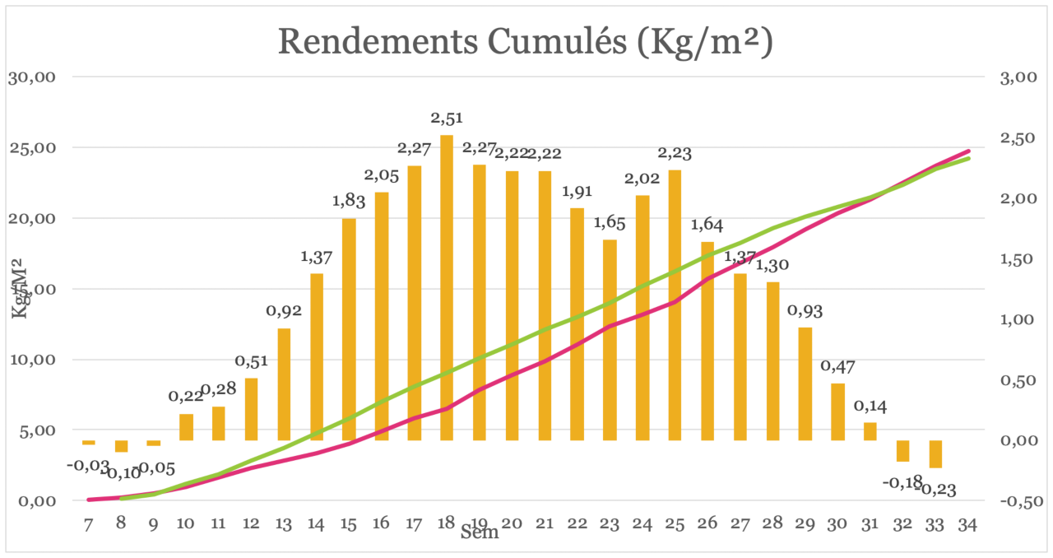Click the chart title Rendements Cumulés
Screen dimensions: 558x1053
pos(525,42)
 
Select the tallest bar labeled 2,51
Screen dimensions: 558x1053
pos(447,288)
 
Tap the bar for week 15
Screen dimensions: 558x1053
pos(349,329)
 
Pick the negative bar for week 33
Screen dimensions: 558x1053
pos(935,454)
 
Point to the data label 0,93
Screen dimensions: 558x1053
pos(805,312)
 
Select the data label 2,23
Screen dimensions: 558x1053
pos(675,154)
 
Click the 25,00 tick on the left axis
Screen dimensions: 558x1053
pos(31,148)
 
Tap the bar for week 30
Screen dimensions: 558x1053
pos(837,412)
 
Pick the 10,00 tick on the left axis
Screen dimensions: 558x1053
pos(31,360)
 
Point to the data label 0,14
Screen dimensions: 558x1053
pos(870,407)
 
